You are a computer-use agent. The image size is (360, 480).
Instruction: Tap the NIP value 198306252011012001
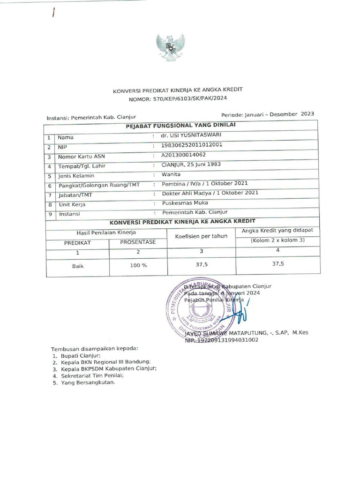[191, 145]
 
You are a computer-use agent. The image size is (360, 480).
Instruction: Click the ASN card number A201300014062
[183, 155]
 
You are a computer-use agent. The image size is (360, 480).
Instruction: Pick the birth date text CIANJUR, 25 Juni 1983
[191, 165]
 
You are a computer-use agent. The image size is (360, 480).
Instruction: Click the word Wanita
[171, 174]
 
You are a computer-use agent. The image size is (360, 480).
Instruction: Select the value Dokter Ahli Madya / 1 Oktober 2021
[210, 193]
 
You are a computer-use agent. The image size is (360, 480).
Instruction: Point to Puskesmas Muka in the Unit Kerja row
[181, 203]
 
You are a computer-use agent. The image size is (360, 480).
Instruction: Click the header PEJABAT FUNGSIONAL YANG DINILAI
[180, 125]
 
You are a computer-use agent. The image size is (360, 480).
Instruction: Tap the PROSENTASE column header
[138, 242]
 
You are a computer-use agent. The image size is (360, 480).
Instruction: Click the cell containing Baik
[77, 265]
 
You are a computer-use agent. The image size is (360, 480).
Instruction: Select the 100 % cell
[138, 265]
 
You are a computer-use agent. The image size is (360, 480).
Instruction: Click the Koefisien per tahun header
[201, 236]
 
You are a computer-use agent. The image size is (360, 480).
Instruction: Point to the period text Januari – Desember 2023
[267, 114]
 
